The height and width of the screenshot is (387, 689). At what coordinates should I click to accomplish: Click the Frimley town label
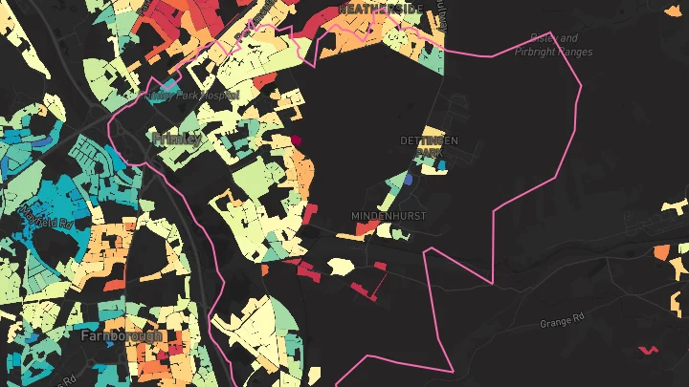coord(177,140)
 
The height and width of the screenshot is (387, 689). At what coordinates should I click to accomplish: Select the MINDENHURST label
coord(389,216)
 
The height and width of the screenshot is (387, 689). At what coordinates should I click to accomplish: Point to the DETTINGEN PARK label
coord(429,146)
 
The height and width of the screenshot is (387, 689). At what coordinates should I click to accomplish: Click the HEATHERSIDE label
coord(380,8)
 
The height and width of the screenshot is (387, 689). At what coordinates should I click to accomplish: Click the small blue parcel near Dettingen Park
coord(408,179)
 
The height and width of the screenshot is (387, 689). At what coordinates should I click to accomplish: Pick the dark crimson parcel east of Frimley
coord(296,140)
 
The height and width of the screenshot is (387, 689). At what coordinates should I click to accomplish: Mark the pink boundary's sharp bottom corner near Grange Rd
coord(452,371)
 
